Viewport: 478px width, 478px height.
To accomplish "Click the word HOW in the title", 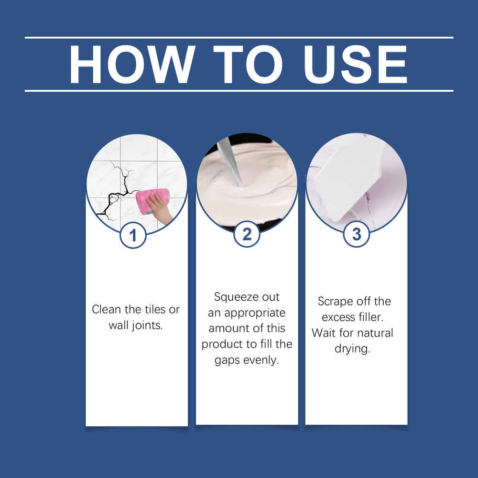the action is pyautogui.click(x=132, y=65).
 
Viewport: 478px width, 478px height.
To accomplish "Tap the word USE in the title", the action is pyautogui.click(x=355, y=65).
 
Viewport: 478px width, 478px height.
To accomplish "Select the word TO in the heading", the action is pyautogui.click(x=248, y=65).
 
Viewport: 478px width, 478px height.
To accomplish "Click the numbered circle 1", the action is pyautogui.click(x=133, y=235).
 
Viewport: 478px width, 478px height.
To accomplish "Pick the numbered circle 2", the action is pyautogui.click(x=247, y=234).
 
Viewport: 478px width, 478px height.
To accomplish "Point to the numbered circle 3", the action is pyautogui.click(x=357, y=234).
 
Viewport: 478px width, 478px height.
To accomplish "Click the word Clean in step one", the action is pyautogui.click(x=107, y=309).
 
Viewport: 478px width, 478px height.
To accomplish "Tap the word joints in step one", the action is pyautogui.click(x=147, y=326).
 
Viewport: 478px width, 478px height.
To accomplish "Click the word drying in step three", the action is pyautogui.click(x=352, y=349).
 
